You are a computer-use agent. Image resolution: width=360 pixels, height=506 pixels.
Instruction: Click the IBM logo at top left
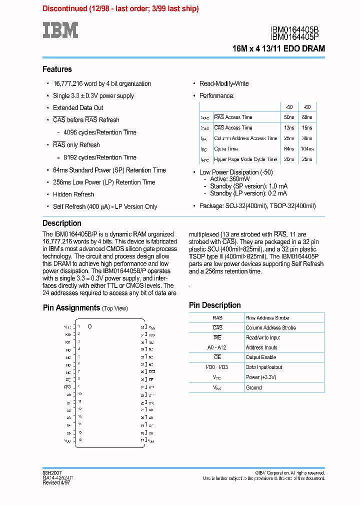point(60,30)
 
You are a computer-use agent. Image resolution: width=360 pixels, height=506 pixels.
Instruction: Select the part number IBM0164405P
point(297,37)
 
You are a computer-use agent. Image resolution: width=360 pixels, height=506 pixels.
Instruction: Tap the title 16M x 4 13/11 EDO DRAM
point(278,49)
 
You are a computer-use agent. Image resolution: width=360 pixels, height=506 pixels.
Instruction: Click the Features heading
point(57,69)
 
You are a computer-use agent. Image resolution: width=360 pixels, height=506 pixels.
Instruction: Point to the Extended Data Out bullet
point(78,108)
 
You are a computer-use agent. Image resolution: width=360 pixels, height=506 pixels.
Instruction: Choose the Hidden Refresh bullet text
point(73,194)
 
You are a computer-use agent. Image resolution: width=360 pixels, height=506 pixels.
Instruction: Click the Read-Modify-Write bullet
point(224,84)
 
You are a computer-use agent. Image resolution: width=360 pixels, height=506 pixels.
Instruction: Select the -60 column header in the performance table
point(307,107)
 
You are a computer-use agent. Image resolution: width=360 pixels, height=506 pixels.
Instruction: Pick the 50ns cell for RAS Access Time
point(289,117)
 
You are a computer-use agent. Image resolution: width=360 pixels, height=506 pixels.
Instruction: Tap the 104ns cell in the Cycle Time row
point(307,149)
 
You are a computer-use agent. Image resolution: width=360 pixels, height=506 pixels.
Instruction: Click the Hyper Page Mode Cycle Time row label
point(245,159)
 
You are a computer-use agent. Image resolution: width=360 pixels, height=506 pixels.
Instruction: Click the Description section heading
point(62,223)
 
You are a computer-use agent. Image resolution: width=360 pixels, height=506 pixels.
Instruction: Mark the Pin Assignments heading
point(71,308)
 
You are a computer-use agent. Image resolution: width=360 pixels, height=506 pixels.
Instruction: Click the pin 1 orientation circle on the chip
point(90,326)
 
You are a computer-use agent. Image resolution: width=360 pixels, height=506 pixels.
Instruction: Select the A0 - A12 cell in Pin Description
point(217,347)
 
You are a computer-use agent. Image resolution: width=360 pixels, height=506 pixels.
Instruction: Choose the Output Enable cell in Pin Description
point(261,357)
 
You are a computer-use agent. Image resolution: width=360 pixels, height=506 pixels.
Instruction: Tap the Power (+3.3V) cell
point(261,377)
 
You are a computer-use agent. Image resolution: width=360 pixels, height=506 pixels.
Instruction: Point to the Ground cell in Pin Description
point(253,387)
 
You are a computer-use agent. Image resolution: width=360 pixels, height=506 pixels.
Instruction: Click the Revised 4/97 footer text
point(56,482)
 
